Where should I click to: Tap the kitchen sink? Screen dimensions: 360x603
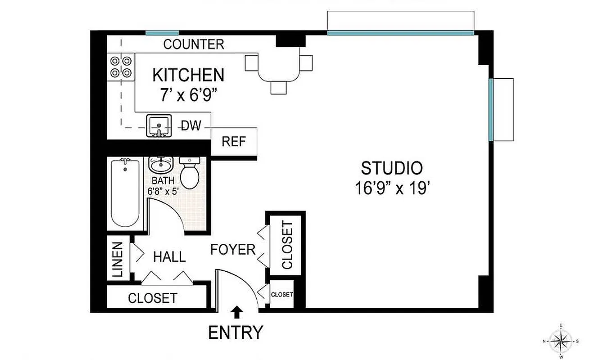159,126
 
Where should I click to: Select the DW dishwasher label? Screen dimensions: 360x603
191,126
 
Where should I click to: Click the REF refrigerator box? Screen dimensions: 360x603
234,142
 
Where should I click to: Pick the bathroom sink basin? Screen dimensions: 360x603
160,165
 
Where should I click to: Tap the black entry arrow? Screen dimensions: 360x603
237,311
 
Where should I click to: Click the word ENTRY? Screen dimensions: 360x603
236,333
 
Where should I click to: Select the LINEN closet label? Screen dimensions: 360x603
117,260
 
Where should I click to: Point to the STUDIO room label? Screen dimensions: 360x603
392,168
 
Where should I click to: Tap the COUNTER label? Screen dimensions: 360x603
194,44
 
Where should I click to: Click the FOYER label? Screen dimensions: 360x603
233,249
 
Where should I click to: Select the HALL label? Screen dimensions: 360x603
169,257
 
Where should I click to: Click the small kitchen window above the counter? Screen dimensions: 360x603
162,32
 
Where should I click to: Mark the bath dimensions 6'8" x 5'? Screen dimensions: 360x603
163,190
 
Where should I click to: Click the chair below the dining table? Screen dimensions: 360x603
279,87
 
